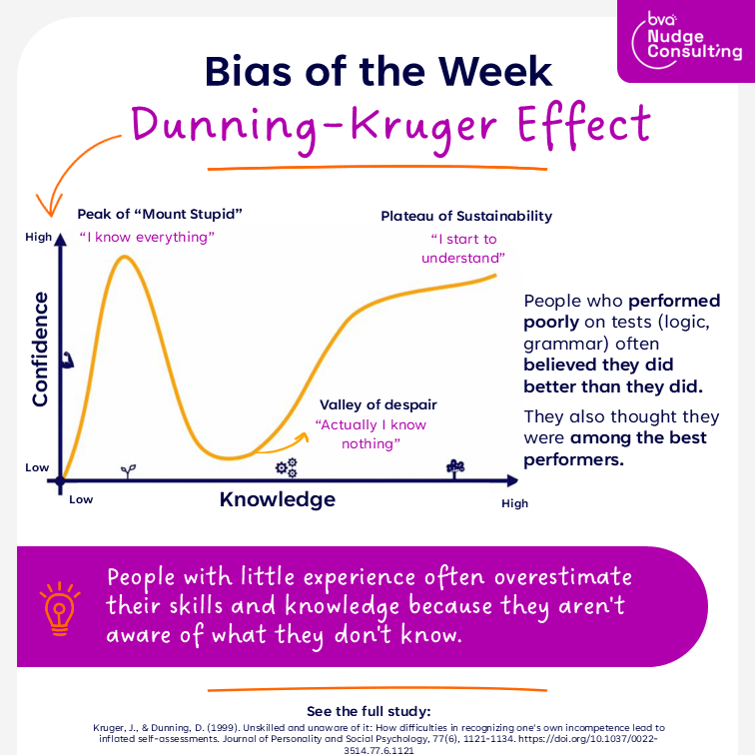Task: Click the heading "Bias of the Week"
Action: coord(377,72)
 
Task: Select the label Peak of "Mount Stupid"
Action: coord(160,214)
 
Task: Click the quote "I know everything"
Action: coord(147,238)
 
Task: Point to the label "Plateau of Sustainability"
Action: coord(466,216)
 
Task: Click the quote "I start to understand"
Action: coord(462,249)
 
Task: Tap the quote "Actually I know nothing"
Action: coord(371,434)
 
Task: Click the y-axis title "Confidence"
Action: coord(40,349)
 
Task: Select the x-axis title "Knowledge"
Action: coord(278,499)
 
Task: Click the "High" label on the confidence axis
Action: coord(39,238)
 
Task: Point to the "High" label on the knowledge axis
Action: coord(514,503)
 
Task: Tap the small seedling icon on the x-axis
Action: coord(127,467)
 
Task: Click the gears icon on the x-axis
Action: coord(287,466)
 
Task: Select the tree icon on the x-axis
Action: coord(455,465)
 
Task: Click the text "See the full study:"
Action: coord(377,712)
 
